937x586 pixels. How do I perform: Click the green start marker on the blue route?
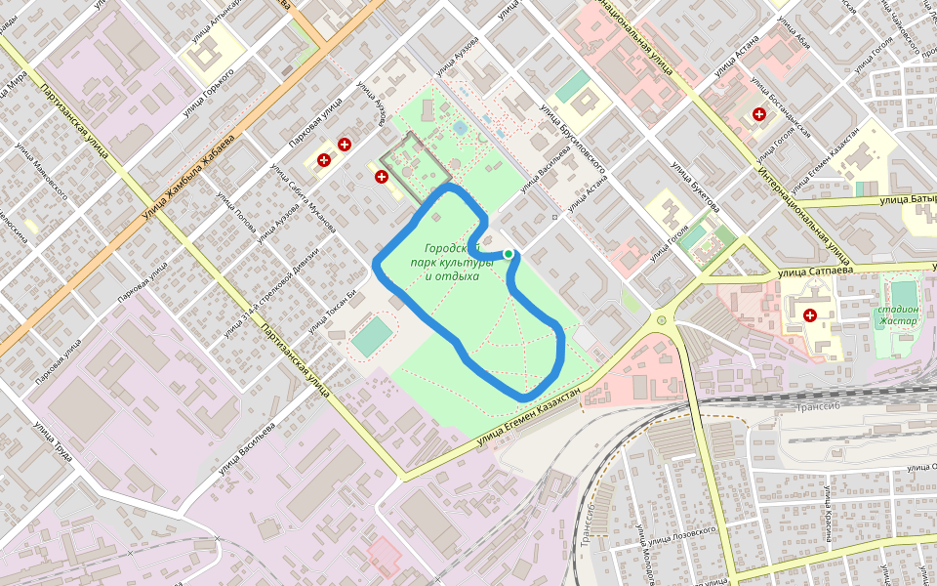coord(509,254)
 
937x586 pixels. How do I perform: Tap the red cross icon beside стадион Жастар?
coord(810,315)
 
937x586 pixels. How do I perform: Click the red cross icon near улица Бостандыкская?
coord(759,115)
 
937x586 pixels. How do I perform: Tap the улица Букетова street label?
coord(695,186)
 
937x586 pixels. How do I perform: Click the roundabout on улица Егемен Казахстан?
coord(663,319)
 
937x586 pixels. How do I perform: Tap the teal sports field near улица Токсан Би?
coord(372,335)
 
